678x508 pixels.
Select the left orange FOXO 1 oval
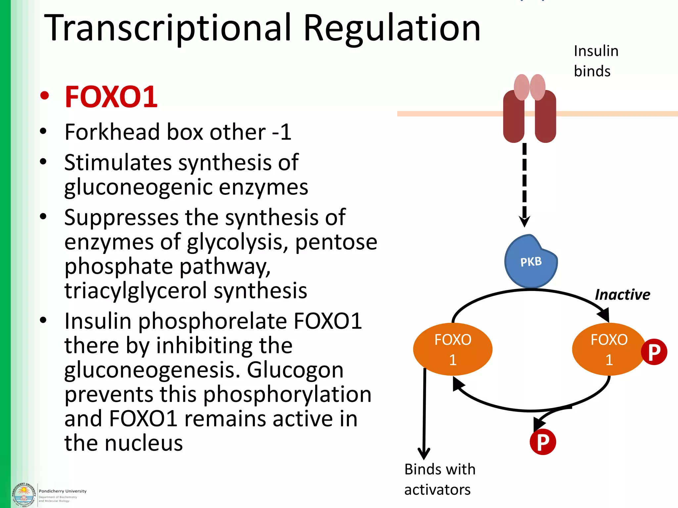[x=453, y=349]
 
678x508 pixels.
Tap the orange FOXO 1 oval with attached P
[x=608, y=349]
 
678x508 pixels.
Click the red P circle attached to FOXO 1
[x=654, y=352]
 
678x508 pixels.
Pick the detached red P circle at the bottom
[x=543, y=442]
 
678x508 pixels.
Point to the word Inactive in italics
[x=622, y=295]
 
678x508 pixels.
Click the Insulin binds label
[x=596, y=61]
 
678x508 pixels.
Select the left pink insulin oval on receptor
[x=522, y=87]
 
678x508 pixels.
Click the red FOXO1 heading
[x=111, y=97]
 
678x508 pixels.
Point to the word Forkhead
[x=113, y=132]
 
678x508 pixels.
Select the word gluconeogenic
[x=139, y=187]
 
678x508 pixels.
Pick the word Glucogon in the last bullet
[x=295, y=370]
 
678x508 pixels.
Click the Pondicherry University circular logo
[x=24, y=495]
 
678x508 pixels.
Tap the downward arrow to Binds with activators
[x=424, y=413]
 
